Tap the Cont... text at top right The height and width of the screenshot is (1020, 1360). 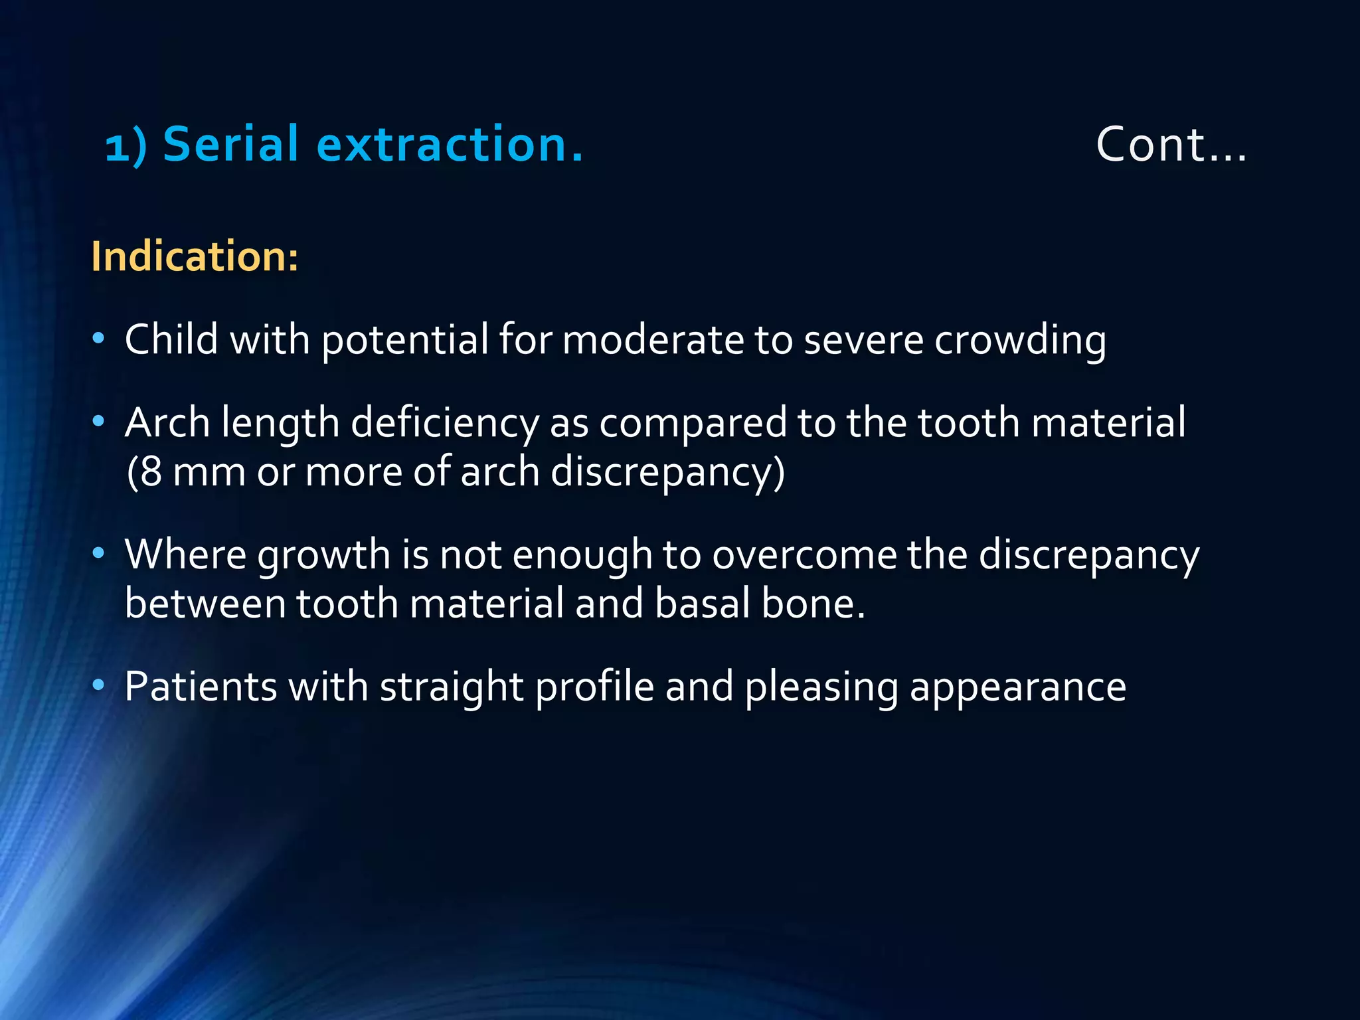[x=1171, y=144]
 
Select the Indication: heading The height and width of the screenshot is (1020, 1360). [x=195, y=256]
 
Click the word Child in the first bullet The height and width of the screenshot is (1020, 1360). [x=171, y=339]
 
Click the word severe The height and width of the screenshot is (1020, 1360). [x=863, y=340]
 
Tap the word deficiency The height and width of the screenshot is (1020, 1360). [x=444, y=423]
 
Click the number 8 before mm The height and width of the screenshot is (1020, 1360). [x=151, y=471]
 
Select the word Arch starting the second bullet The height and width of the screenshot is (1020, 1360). [x=167, y=422]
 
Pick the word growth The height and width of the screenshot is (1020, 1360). [x=323, y=555]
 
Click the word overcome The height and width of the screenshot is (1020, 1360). [x=804, y=554]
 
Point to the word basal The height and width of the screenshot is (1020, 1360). [x=701, y=604]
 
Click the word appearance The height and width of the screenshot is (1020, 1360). [x=1017, y=687]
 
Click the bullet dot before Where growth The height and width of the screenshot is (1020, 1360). [x=99, y=552]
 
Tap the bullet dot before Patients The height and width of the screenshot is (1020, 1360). [x=99, y=685]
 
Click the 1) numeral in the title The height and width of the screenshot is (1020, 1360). [x=126, y=147]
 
